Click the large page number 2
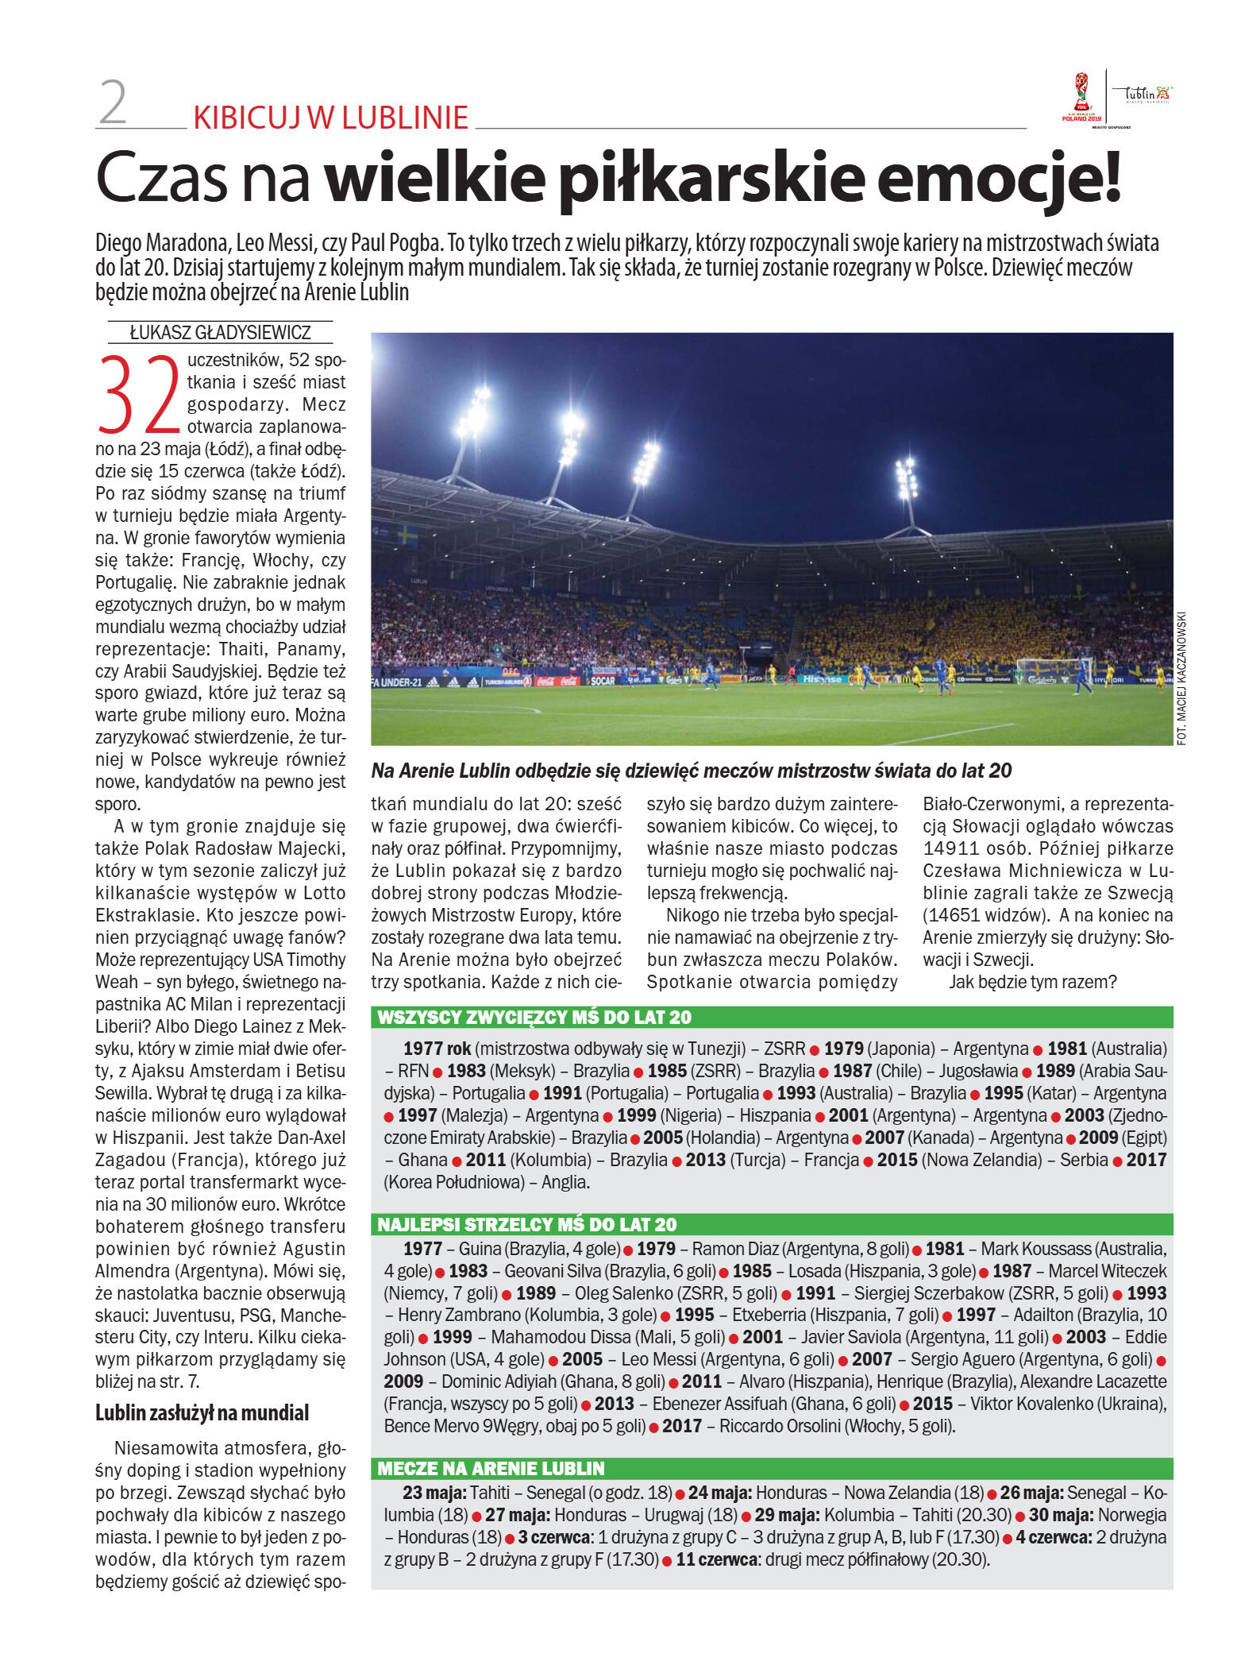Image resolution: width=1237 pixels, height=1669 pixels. (114, 104)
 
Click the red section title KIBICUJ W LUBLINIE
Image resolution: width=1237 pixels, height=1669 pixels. (330, 118)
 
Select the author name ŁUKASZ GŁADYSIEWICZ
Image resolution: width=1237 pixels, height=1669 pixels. (220, 333)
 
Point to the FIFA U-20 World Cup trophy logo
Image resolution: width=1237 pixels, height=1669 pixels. (1081, 95)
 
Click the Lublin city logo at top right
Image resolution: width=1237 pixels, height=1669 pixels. (1144, 95)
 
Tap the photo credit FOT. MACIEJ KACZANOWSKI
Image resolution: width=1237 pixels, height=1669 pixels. (1182, 677)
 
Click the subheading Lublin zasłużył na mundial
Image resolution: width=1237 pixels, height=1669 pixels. (202, 1412)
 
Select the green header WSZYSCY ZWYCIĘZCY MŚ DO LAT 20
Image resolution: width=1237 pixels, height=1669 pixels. (534, 1018)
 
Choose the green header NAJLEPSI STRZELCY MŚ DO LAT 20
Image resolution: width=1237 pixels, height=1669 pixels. (526, 1224)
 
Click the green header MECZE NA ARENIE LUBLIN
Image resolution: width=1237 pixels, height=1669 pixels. (491, 1468)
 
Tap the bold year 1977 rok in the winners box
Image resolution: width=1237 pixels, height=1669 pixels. (437, 1049)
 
